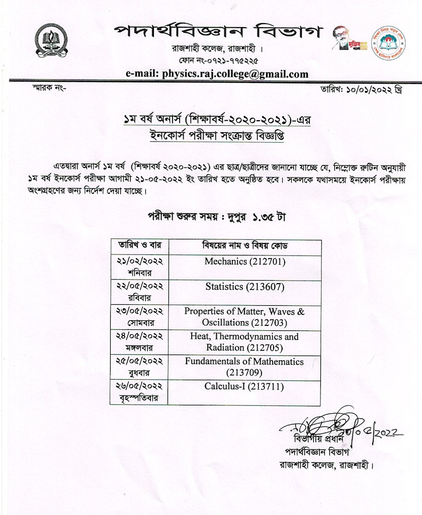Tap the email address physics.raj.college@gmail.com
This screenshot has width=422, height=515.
pos(217,73)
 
